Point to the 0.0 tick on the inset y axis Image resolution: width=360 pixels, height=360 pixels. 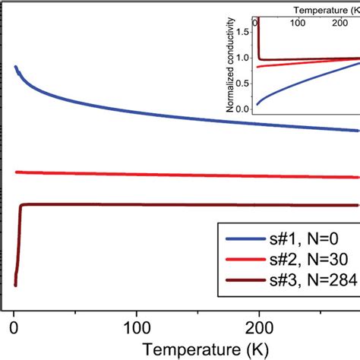click(x=243, y=109)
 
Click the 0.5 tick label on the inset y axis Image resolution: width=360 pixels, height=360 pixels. click(x=243, y=83)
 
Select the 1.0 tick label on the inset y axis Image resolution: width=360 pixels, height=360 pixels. click(x=243, y=58)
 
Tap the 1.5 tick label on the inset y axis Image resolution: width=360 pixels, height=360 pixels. click(x=243, y=32)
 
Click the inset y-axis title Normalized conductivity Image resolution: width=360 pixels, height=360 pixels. click(x=230, y=68)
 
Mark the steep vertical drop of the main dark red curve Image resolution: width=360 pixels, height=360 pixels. click(x=17, y=243)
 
